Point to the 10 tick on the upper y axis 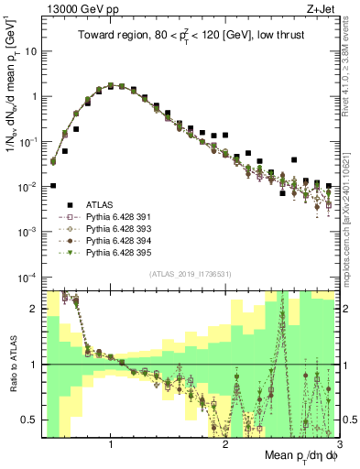[30, 51]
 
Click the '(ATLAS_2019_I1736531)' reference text [191, 275]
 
